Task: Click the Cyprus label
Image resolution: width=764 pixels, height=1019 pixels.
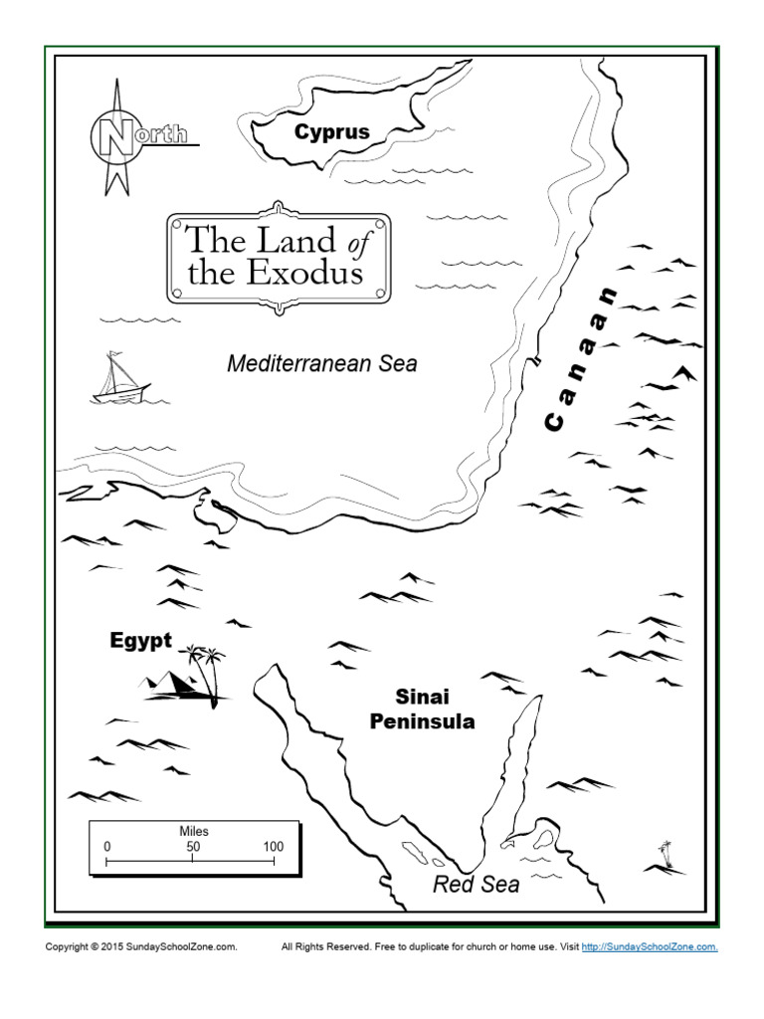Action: pyautogui.click(x=331, y=131)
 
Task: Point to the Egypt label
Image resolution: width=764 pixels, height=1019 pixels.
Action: pyautogui.click(x=140, y=642)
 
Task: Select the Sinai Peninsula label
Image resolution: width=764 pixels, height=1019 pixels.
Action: pyautogui.click(x=422, y=709)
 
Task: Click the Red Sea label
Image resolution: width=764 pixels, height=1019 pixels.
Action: pyautogui.click(x=476, y=884)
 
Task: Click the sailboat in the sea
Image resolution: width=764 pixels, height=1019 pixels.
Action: pyautogui.click(x=119, y=380)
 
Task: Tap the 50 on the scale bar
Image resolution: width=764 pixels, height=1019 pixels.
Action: pyautogui.click(x=193, y=847)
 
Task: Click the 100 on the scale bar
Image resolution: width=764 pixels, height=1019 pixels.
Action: pyautogui.click(x=273, y=847)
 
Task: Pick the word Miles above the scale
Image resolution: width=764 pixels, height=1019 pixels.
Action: pyautogui.click(x=193, y=831)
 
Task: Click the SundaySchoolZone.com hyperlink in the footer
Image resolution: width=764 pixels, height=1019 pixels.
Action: pyautogui.click(x=649, y=947)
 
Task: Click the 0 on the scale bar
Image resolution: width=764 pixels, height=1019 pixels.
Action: pyautogui.click(x=107, y=847)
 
